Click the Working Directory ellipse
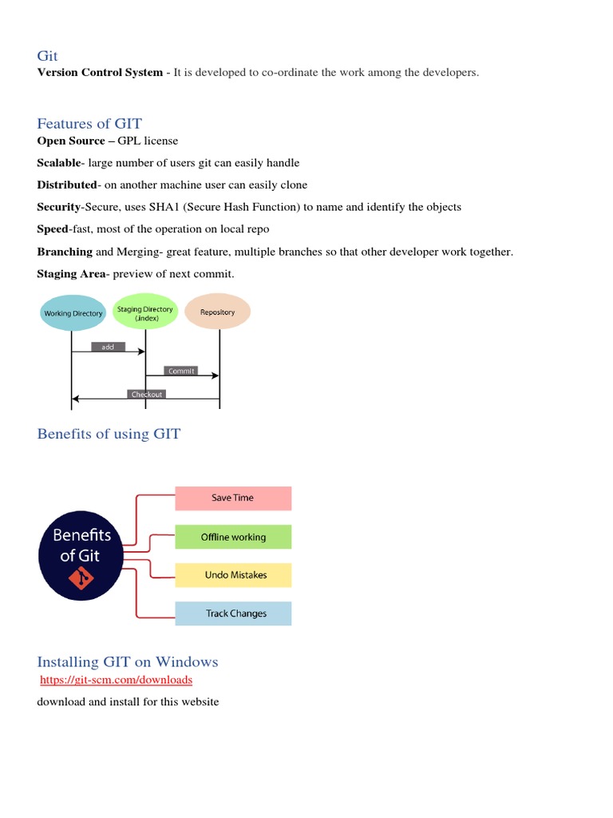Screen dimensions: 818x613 pyautogui.click(x=73, y=313)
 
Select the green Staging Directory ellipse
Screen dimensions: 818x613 pyautogui.click(x=144, y=312)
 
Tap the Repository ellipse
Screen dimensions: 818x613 pyautogui.click(x=218, y=312)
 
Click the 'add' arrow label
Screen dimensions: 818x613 pyautogui.click(x=108, y=347)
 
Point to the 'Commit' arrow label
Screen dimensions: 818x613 pyautogui.click(x=181, y=371)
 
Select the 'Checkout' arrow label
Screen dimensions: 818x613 pyautogui.click(x=146, y=394)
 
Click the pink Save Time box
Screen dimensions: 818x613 pyautogui.click(x=233, y=498)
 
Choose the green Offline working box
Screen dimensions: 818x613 pyautogui.click(x=233, y=537)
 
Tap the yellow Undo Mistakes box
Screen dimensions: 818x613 pyautogui.click(x=233, y=575)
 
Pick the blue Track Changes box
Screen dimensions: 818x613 pyautogui.click(x=233, y=613)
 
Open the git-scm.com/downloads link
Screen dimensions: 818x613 pyautogui.click(x=117, y=680)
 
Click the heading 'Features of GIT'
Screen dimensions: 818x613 pyautogui.click(x=89, y=123)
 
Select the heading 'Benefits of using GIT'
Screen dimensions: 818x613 pyautogui.click(x=109, y=434)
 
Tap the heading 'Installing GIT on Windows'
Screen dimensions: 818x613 pyautogui.click(x=128, y=661)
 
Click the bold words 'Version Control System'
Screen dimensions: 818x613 pyautogui.click(x=99, y=73)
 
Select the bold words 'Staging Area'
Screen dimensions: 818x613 pyautogui.click(x=71, y=274)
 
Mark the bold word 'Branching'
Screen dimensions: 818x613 pyautogui.click(x=65, y=252)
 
